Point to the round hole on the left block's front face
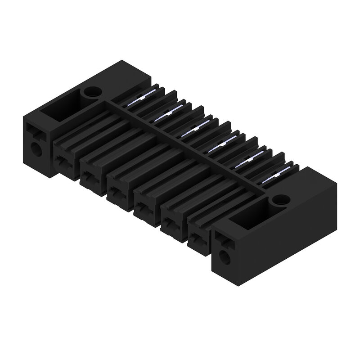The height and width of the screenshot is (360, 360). pos(36,148)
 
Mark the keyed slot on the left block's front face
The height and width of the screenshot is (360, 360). pos(34,131)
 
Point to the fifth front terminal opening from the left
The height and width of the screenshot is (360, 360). pos(170,223)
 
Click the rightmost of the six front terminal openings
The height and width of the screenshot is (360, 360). pos(197,238)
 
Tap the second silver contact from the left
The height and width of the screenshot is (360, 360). pos(168,113)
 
